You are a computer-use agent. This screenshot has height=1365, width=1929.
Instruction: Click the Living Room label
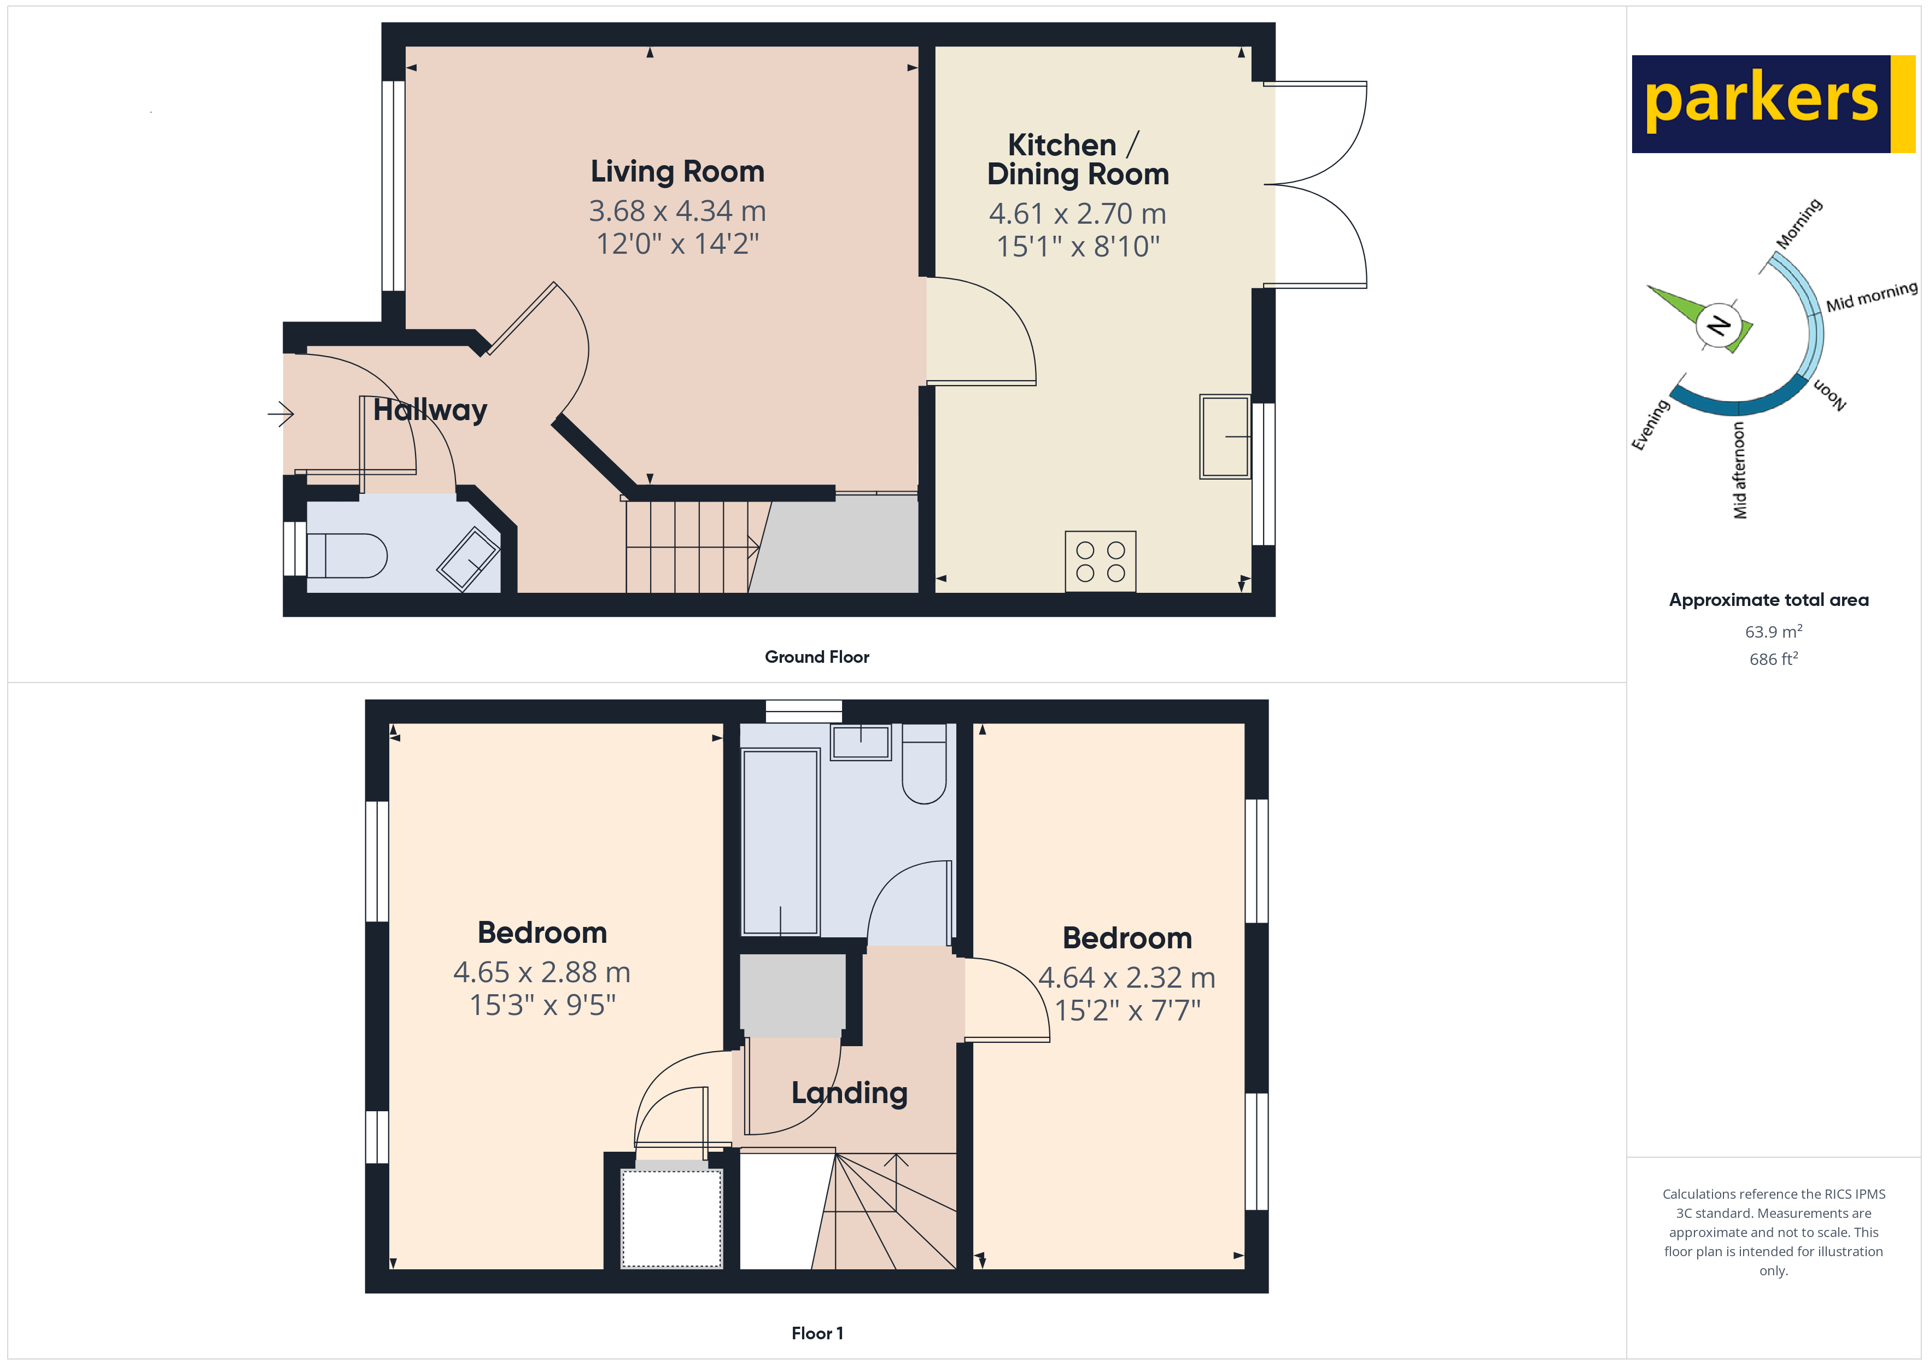677,172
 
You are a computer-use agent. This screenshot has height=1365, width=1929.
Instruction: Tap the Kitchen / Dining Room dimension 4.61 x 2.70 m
1077,214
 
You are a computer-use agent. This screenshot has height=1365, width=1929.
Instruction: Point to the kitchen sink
1224,436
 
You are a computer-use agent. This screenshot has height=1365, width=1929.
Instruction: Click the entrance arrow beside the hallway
280,413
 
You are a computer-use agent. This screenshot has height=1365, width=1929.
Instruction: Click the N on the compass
1718,324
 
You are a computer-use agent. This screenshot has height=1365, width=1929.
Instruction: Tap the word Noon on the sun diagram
1829,394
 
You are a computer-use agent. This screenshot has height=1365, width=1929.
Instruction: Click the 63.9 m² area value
1773,631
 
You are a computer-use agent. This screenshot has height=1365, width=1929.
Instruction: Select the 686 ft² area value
1773,659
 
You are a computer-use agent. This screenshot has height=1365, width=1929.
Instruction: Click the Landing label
849,1093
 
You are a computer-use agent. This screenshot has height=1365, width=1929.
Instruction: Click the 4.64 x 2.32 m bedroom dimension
1127,977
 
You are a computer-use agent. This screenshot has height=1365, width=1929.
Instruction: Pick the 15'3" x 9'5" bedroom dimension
542,1005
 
